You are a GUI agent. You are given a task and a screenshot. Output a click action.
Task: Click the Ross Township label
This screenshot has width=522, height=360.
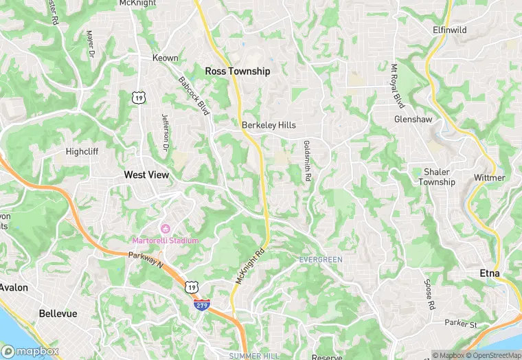238,71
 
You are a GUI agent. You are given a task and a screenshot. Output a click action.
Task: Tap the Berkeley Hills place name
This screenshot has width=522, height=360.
268,125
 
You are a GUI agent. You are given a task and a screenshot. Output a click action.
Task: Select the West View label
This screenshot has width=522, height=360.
146,175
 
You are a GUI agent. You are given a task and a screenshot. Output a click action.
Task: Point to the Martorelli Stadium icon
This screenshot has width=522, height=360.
165,228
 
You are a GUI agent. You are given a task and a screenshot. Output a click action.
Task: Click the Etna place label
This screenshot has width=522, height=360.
490,273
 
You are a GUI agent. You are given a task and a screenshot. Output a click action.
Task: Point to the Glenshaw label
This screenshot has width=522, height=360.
412,119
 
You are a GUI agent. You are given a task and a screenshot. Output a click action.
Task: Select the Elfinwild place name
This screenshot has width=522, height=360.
450,31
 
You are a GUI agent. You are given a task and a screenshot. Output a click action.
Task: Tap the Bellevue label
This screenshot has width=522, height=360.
58,313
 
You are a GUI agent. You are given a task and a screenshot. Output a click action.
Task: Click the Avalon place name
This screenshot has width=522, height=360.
14,287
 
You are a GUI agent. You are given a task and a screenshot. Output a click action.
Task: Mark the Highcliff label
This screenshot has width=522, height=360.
82,151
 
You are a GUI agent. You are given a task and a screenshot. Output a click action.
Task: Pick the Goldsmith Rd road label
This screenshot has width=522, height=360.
307,161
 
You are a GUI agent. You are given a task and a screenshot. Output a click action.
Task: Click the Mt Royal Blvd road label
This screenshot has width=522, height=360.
396,87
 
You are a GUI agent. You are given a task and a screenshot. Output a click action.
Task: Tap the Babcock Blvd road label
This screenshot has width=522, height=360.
193,95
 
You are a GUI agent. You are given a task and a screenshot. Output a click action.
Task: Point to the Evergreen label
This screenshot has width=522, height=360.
321,259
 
